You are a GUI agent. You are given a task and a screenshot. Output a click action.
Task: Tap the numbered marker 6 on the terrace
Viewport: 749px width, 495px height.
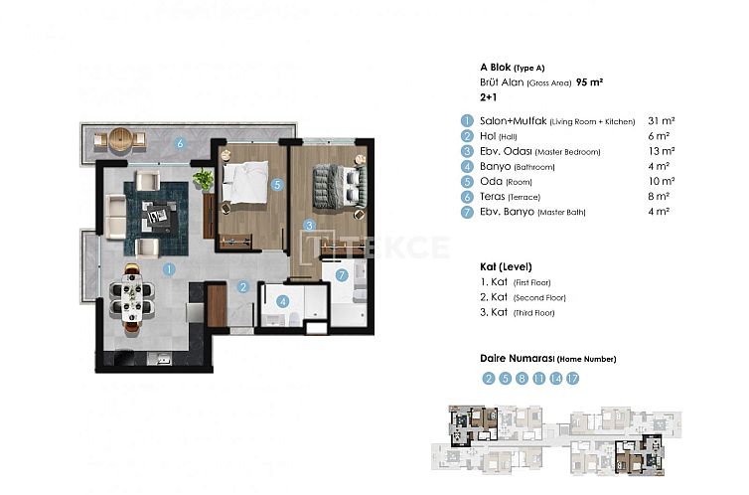coord(179,143)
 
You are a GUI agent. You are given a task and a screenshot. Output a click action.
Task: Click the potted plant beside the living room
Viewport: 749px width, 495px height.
coord(204,179)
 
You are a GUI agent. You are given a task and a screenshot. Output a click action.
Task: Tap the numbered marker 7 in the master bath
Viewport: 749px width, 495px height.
coord(341,275)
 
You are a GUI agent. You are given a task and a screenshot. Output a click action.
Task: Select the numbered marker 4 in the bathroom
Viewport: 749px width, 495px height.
coord(283,302)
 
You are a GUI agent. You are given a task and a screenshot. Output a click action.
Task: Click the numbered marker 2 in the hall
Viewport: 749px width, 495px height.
coord(242,288)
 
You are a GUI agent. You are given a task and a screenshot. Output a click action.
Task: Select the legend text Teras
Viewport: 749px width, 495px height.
coord(494,197)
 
